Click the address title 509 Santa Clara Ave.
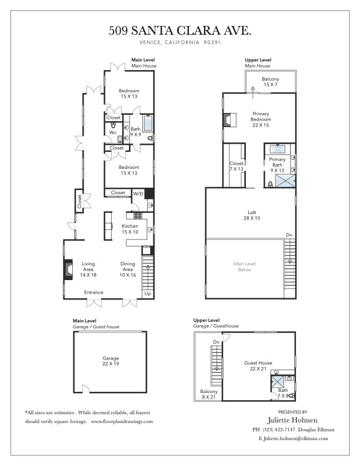(x=179, y=31)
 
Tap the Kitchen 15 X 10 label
(x=130, y=229)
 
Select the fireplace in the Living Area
(x=69, y=269)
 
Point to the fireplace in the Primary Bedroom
(x=229, y=120)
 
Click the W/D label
(x=138, y=194)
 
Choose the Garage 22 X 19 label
(x=111, y=361)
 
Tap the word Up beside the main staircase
(x=148, y=294)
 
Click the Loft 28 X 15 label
(x=252, y=215)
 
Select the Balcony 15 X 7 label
(x=271, y=82)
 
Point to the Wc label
(x=113, y=132)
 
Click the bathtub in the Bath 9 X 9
(x=148, y=124)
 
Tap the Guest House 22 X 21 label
(x=258, y=365)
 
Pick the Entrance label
(x=94, y=292)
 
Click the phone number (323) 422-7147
(x=278, y=430)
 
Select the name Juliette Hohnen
(x=292, y=420)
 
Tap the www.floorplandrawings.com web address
(x=122, y=421)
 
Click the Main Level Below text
(x=245, y=267)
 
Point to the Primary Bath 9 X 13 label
(x=277, y=165)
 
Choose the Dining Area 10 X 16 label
(x=128, y=269)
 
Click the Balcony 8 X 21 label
(x=208, y=394)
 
